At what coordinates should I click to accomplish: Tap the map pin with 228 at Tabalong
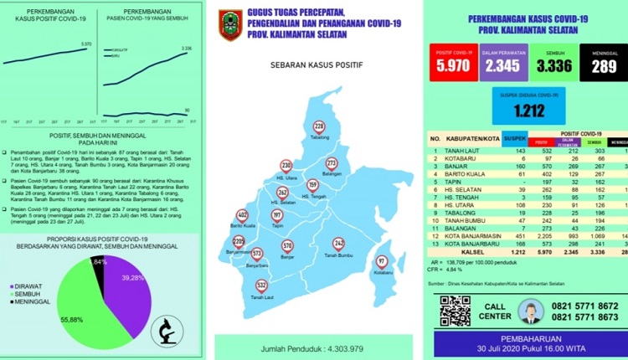pyautogui.click(x=318, y=126)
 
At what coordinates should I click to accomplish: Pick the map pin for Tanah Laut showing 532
pyautogui.click(x=262, y=285)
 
